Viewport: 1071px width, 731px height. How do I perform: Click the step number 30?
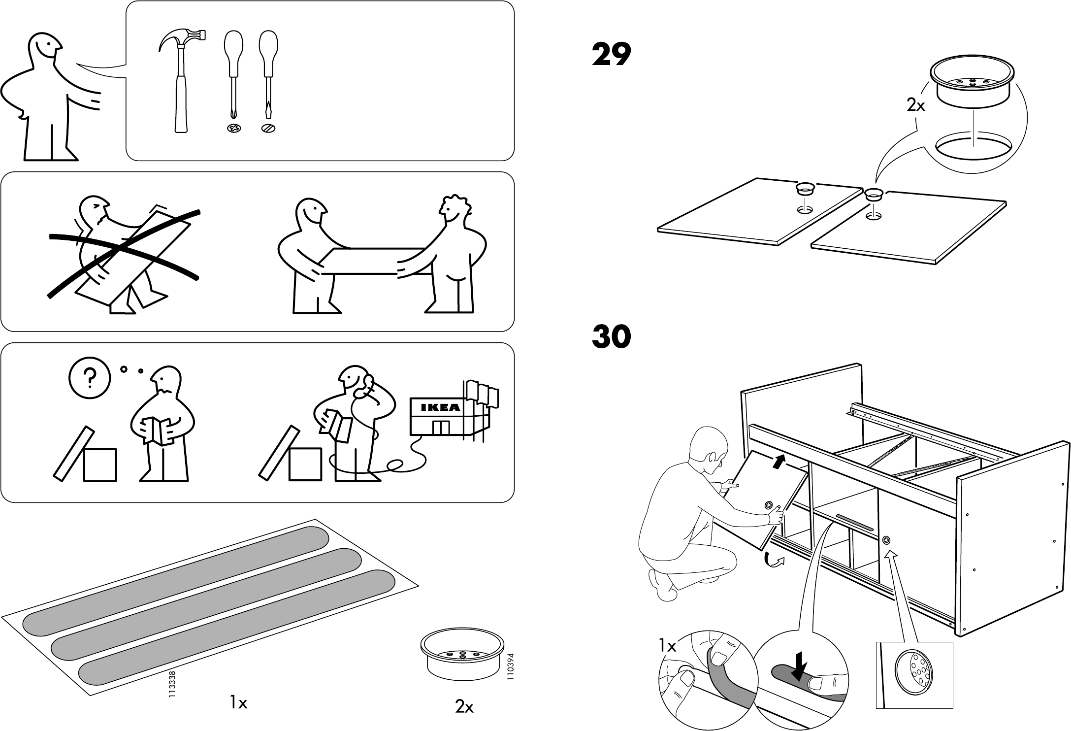(x=612, y=337)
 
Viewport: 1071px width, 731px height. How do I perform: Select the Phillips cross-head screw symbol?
(x=233, y=129)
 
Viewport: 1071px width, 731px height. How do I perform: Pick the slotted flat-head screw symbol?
(x=268, y=129)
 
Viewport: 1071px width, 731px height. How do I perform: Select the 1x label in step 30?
(x=667, y=646)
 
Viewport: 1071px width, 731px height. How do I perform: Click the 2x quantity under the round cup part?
(x=464, y=707)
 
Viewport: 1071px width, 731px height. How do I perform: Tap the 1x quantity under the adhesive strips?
(x=239, y=703)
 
